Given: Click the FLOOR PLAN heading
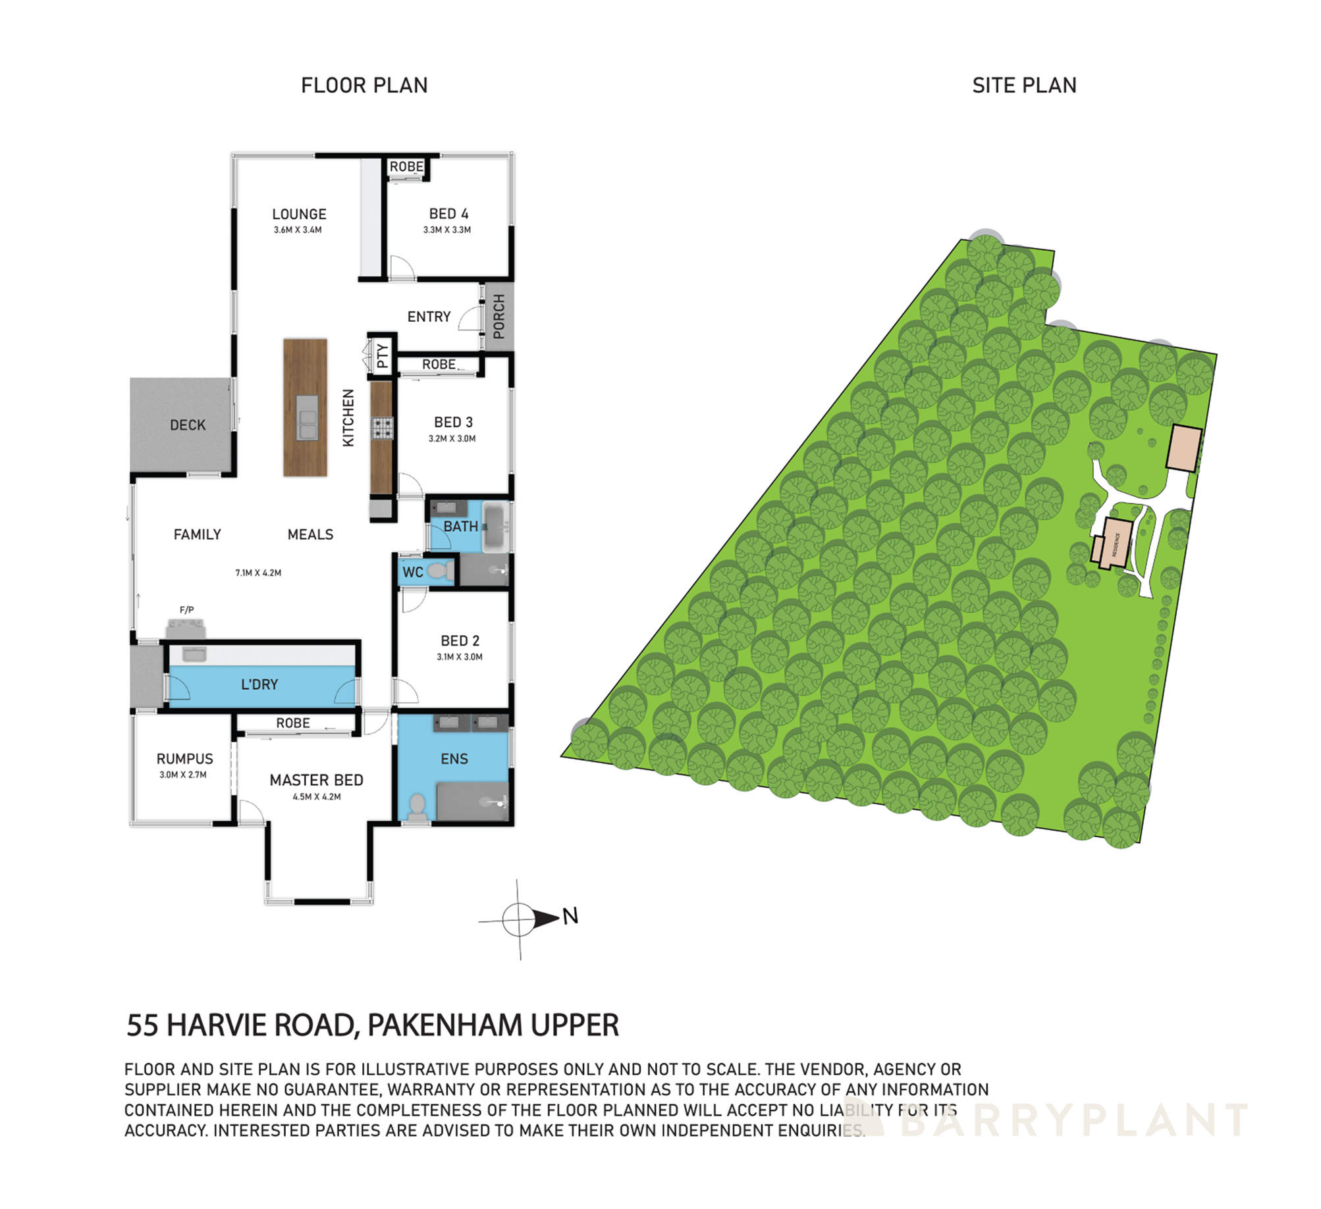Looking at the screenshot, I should pyautogui.click(x=364, y=86).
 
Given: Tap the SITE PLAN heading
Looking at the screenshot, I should pyautogui.click(x=1024, y=86).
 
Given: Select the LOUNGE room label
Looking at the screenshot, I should pyautogui.click(x=299, y=214).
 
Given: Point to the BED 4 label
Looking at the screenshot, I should pyautogui.click(x=448, y=214).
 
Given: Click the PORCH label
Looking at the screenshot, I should pyautogui.click(x=499, y=317).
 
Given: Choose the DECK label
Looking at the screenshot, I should pyautogui.click(x=188, y=425).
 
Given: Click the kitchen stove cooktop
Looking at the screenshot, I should pyautogui.click(x=383, y=428).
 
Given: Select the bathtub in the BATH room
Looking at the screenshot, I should pyautogui.click(x=495, y=527).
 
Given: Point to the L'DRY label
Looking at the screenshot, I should pyautogui.click(x=259, y=684).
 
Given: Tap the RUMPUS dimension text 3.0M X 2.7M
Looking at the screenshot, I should pyautogui.click(x=183, y=775).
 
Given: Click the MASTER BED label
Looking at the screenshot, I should pyautogui.click(x=316, y=780).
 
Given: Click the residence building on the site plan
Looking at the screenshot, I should pyautogui.click(x=1116, y=544).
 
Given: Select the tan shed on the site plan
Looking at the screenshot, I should pyautogui.click(x=1184, y=448).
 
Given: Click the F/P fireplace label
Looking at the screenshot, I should pyautogui.click(x=187, y=610).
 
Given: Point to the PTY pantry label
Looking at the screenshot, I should pyautogui.click(x=383, y=356).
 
